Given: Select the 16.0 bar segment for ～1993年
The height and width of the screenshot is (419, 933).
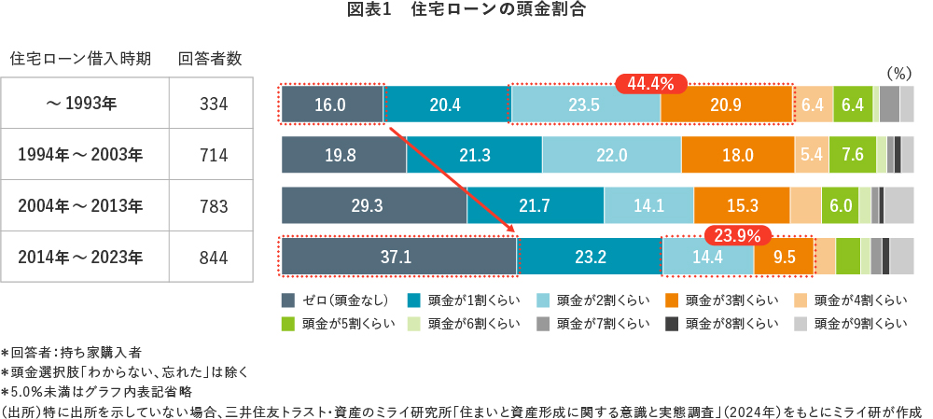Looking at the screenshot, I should [x=332, y=105].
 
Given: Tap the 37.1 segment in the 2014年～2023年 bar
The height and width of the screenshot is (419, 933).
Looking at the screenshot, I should [x=398, y=257].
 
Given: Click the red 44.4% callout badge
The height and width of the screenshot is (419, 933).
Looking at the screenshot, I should [x=650, y=83].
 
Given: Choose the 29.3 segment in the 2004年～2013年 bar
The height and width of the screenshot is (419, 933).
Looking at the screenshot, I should [x=374, y=205].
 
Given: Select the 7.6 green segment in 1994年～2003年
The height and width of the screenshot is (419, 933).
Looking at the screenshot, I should [x=853, y=155].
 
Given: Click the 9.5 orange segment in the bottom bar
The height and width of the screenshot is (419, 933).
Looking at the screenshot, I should [x=784, y=257].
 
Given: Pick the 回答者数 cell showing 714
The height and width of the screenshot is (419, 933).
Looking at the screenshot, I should [x=214, y=154].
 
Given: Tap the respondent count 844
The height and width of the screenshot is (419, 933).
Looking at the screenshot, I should [x=214, y=257].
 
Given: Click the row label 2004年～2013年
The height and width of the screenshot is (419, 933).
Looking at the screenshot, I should [x=81, y=205].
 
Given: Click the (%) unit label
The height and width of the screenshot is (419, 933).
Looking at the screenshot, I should [x=898, y=72].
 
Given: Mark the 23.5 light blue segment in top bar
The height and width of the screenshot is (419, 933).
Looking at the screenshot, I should [x=584, y=105].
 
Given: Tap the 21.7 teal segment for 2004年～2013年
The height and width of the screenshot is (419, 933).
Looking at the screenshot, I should [x=536, y=205].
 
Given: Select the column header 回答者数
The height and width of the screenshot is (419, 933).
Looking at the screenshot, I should [x=210, y=58].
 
